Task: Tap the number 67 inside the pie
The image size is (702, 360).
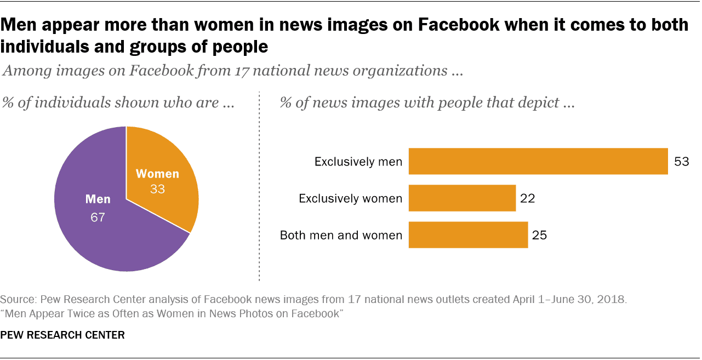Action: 98,218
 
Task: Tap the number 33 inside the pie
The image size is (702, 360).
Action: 157,190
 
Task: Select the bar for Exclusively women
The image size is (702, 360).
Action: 462,198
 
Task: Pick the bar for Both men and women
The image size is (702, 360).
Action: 468,235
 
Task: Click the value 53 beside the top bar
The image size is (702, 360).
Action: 681,162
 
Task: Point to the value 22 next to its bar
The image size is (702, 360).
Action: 528,198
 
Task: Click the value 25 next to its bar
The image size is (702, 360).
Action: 540,236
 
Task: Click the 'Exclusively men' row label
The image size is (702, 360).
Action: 358,162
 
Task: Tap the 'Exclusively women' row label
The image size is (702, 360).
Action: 350,198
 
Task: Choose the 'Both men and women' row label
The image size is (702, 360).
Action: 341,236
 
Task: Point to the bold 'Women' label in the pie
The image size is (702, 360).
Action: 157,174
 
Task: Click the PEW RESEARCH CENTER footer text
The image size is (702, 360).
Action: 62,335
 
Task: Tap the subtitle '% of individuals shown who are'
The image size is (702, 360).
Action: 119,103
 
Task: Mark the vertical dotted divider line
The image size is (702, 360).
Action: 259,186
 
